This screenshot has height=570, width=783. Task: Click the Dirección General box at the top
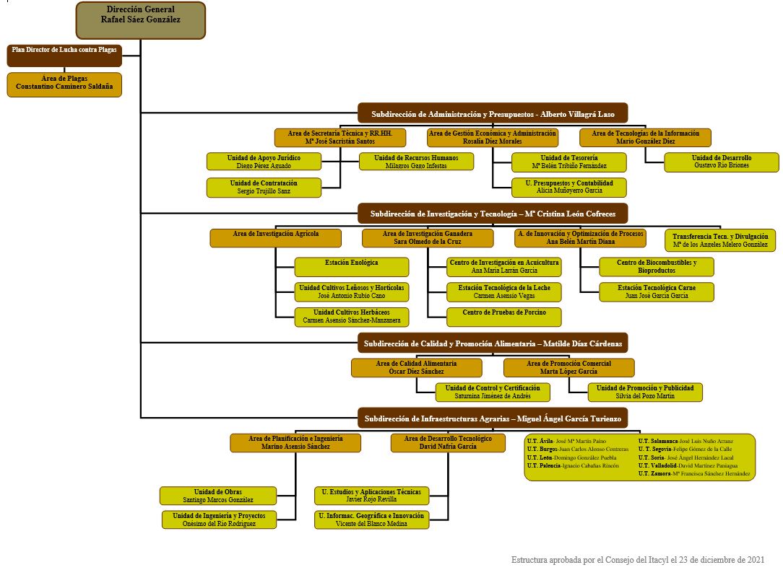[x=140, y=20]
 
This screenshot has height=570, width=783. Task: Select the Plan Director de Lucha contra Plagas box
[x=64, y=56]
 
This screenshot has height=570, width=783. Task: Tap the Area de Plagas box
[x=64, y=84]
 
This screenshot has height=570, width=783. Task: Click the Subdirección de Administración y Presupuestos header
[x=493, y=114]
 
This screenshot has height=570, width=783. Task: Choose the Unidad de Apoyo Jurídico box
[x=264, y=162]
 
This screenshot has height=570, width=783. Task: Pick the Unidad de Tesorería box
[x=568, y=162]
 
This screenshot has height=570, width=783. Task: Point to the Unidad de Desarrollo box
[x=722, y=162]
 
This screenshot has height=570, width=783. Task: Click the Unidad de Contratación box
[x=264, y=188]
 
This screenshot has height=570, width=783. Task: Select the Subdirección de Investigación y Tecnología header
[x=493, y=214]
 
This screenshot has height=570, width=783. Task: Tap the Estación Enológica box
[x=352, y=267]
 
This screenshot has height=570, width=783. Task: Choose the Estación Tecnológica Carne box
[x=656, y=291]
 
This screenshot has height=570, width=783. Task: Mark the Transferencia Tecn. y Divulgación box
[x=720, y=240]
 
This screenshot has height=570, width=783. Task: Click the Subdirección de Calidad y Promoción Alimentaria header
[x=493, y=343]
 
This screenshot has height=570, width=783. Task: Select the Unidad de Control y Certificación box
[x=493, y=392]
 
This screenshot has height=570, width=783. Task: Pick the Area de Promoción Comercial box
[x=568, y=367]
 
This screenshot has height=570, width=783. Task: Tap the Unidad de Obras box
[x=217, y=496]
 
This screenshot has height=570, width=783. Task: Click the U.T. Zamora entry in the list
[x=694, y=474]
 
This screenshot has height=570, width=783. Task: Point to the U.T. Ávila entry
[x=567, y=441]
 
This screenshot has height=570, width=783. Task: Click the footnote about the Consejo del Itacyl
[x=638, y=560]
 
